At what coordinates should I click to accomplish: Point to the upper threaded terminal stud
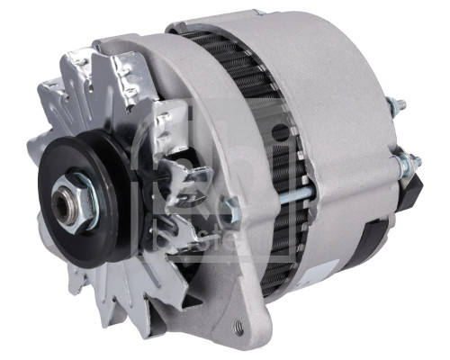tap(395, 105)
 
